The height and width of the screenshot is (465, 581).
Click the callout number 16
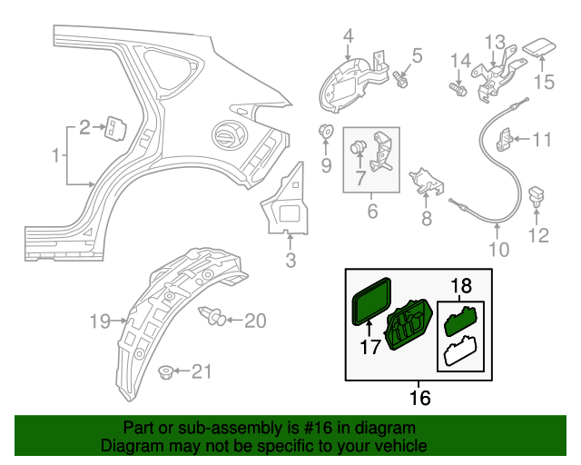419,397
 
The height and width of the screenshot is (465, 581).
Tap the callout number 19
101,320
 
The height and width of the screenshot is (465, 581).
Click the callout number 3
290,262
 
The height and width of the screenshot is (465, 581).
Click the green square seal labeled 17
370,302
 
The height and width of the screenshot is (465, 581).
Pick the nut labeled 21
166,371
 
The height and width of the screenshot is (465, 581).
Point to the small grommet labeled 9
326,132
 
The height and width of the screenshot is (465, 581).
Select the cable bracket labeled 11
509,139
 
